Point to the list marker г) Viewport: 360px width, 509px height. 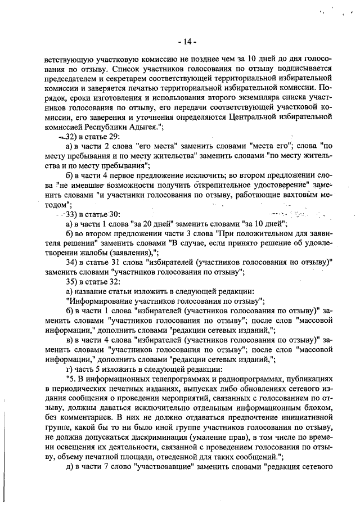tap(69, 370)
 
